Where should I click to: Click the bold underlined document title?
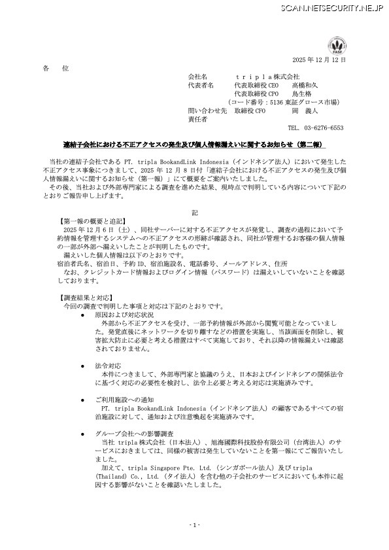(x=194, y=143)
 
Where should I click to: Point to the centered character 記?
(x=194, y=213)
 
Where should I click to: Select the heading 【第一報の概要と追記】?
(x=92, y=221)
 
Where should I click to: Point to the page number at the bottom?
(x=194, y=525)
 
